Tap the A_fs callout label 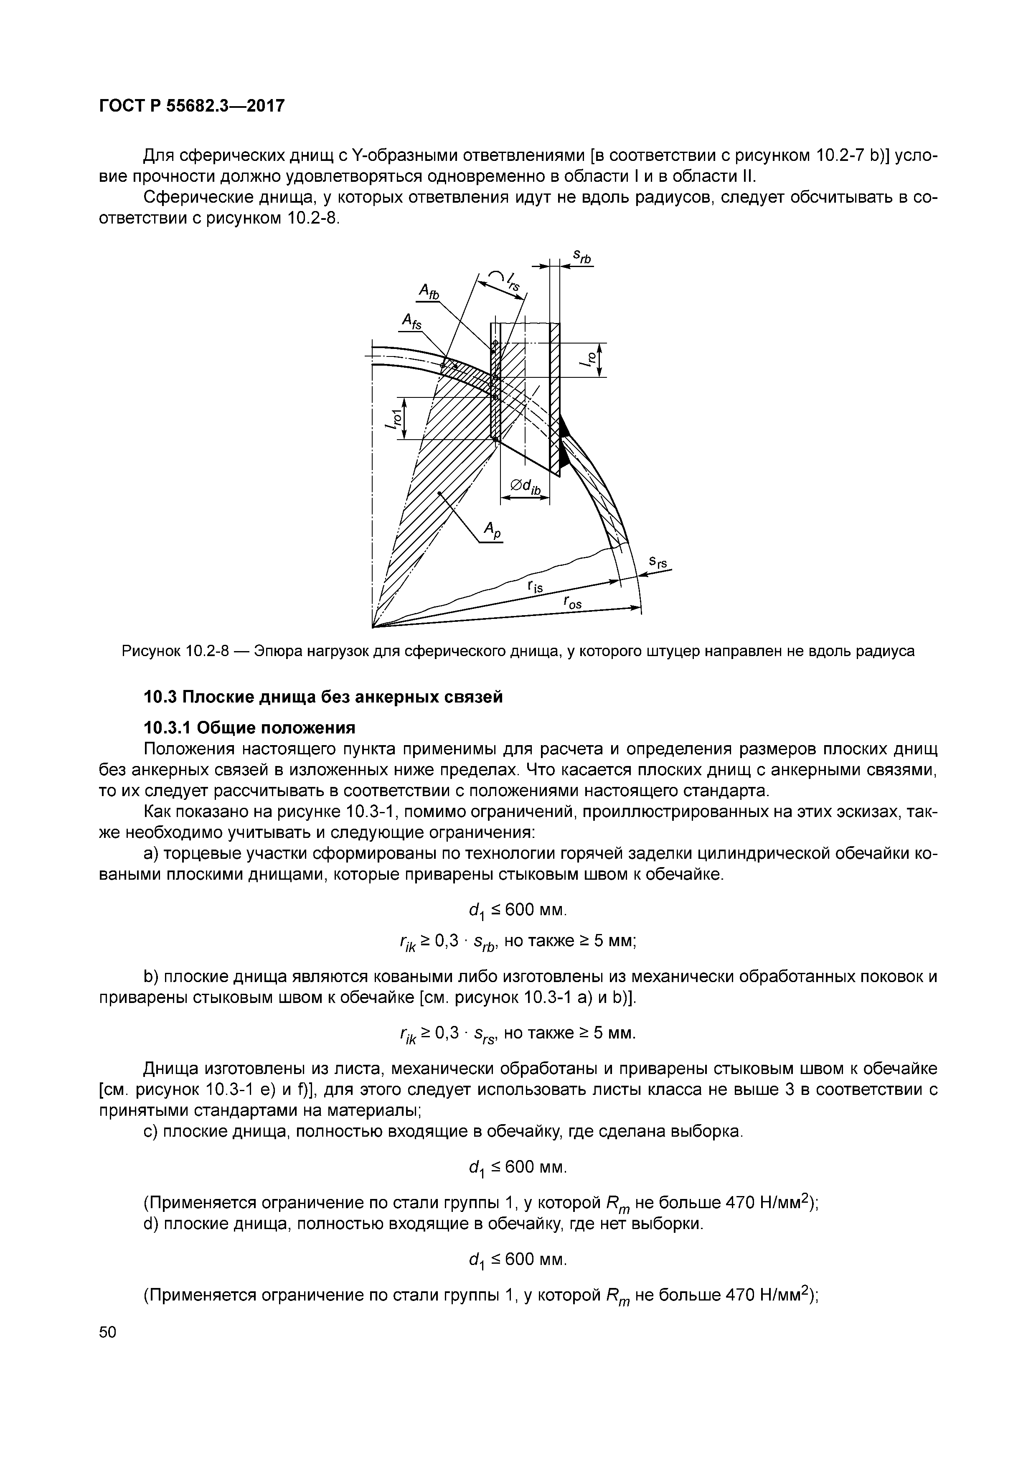pyautogui.click(x=412, y=321)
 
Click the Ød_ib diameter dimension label pyautogui.click(x=526, y=486)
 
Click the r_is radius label pyautogui.click(x=534, y=587)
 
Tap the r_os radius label pyautogui.click(x=572, y=601)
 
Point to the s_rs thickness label pyautogui.click(x=658, y=562)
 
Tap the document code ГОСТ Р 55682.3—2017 pyautogui.click(x=191, y=106)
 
